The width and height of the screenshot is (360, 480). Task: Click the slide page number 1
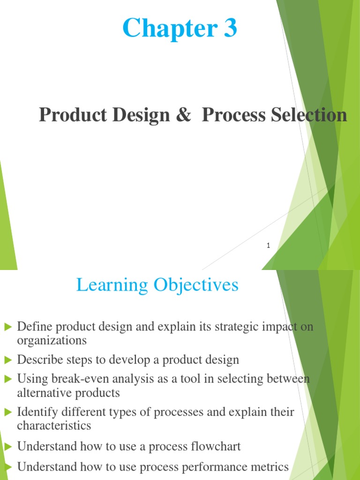[x=268, y=245]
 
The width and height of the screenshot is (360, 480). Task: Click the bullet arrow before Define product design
[x=7, y=327]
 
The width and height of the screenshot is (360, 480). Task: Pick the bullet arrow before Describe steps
[x=7, y=360]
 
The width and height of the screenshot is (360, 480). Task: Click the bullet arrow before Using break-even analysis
[x=7, y=378]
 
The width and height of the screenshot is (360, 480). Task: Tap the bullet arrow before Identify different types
[x=7, y=412]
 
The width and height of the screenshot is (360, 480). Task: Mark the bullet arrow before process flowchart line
[x=7, y=447]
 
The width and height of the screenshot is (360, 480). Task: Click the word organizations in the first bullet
[x=52, y=340]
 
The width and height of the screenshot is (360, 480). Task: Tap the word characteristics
[x=54, y=426]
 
